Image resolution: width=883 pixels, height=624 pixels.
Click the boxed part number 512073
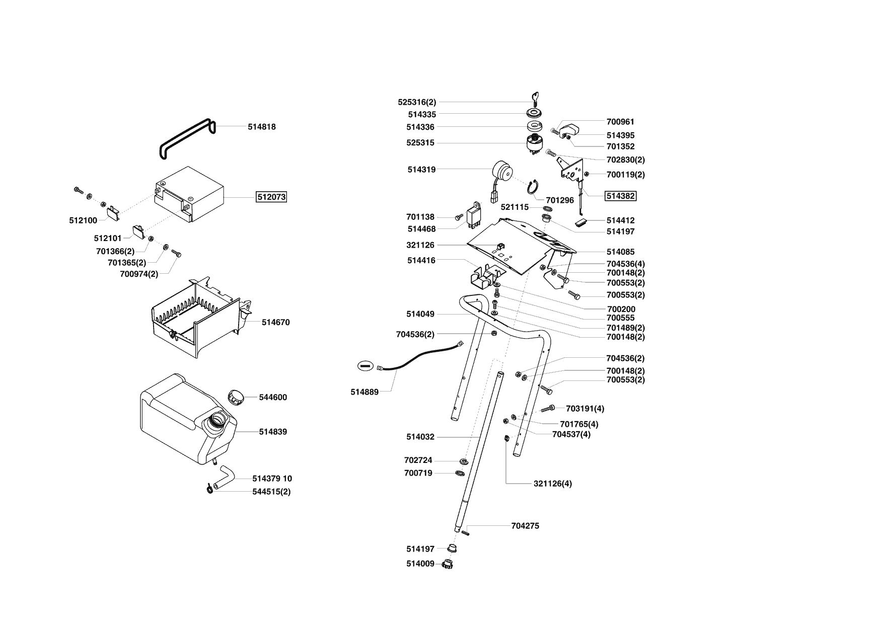pyautogui.click(x=271, y=197)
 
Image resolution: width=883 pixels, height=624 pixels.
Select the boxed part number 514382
pyautogui.click(x=620, y=196)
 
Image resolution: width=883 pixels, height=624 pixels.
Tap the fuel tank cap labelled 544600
pyautogui.click(x=235, y=396)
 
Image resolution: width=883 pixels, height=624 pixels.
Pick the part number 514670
pyautogui.click(x=275, y=322)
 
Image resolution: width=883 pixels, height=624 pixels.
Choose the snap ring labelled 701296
pyautogui.click(x=534, y=187)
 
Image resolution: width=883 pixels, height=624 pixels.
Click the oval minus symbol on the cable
pyautogui.click(x=366, y=366)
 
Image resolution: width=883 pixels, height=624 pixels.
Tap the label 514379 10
pyautogui.click(x=272, y=479)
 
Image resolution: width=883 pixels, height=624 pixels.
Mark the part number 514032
pyautogui.click(x=420, y=437)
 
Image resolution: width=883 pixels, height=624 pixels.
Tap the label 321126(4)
pyautogui.click(x=552, y=484)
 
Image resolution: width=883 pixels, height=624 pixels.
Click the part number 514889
pyautogui.click(x=364, y=392)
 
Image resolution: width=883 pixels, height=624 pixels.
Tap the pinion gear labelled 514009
pyautogui.click(x=447, y=564)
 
